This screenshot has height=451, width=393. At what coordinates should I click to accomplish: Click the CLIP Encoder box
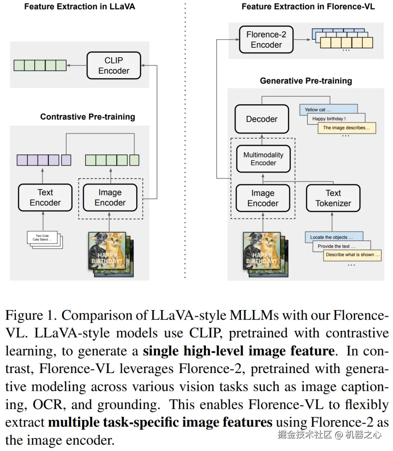[114, 66]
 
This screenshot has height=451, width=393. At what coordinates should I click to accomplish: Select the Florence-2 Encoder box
[266, 40]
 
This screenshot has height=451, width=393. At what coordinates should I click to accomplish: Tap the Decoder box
[262, 119]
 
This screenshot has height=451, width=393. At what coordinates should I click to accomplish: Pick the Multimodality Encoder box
[263, 159]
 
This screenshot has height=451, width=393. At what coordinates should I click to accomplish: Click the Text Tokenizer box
[333, 198]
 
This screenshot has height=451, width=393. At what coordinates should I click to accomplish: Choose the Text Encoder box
[45, 197]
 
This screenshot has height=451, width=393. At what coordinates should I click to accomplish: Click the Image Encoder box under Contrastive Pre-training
[110, 197]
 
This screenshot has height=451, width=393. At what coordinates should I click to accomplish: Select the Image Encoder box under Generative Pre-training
[263, 198]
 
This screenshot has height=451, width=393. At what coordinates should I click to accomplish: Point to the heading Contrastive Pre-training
[87, 117]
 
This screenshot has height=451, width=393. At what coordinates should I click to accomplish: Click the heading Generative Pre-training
[306, 81]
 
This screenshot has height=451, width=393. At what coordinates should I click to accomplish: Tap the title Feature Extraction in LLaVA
[79, 7]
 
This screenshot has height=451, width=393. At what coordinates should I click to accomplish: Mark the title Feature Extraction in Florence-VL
[308, 7]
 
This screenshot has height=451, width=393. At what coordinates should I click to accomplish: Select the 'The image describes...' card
[346, 128]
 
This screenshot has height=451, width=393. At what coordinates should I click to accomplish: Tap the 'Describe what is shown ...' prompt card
[352, 255]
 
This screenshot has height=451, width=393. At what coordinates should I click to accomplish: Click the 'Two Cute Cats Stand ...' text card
[42, 238]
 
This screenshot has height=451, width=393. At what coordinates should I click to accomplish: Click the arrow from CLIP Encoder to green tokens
[76, 66]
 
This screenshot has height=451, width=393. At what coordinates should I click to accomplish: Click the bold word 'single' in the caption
[161, 351]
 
